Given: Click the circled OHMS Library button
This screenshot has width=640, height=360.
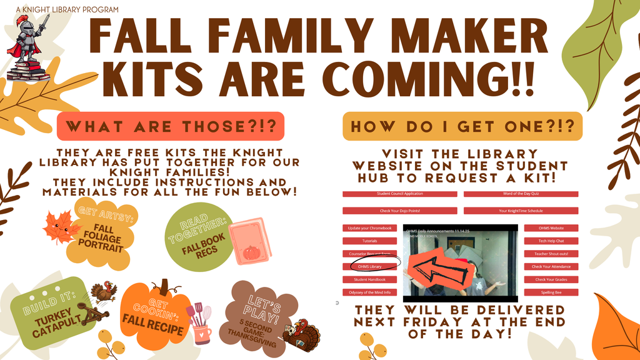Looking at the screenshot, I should [371, 267].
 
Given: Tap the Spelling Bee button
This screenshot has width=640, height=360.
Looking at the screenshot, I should [551, 292].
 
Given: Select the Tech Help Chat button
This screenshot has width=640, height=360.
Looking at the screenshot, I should [551, 241].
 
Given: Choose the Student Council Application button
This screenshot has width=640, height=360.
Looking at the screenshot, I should [399, 194].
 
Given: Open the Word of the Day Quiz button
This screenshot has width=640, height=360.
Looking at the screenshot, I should [521, 194].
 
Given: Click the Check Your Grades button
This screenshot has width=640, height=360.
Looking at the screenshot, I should [551, 279].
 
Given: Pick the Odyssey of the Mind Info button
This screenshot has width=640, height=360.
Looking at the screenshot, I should [371, 292].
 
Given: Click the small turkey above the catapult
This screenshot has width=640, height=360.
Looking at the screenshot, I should [104, 292].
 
